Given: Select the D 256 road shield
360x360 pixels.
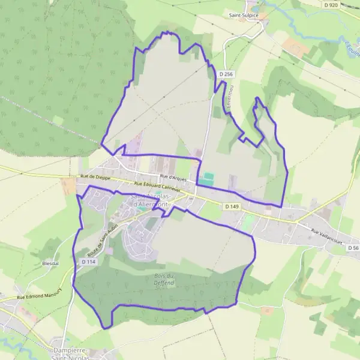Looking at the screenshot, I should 226,74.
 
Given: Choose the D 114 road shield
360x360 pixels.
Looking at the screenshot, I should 88,262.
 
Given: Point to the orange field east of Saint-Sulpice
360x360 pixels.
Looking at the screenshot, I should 295,47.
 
